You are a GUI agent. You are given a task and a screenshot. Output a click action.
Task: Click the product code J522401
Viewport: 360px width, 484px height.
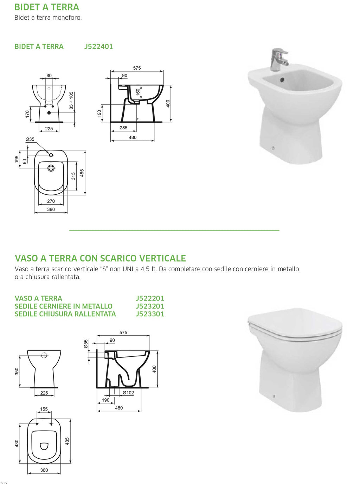click(x=98, y=46)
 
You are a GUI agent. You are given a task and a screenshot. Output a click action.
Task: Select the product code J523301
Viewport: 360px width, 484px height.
click(x=150, y=314)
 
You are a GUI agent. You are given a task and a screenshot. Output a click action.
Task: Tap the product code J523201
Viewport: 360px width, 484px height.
click(x=150, y=306)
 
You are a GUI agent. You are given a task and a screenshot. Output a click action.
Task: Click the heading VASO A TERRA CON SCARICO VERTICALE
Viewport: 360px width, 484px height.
click(x=100, y=258)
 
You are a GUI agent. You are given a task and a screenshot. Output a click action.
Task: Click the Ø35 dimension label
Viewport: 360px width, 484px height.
click(x=30, y=139)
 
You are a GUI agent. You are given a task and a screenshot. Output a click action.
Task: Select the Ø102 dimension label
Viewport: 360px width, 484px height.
click(x=128, y=393)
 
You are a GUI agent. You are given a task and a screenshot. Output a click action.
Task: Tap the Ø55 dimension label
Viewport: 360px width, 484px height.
click(x=86, y=344)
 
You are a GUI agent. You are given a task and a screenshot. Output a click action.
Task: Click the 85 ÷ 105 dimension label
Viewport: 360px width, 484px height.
click(x=71, y=100)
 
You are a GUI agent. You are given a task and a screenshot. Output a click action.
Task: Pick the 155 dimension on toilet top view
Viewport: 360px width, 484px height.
click(x=44, y=409)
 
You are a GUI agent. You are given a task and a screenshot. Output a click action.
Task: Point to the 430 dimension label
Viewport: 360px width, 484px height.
click(x=17, y=443)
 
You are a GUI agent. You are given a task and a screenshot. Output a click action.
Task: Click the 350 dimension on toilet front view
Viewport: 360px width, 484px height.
click(x=17, y=372)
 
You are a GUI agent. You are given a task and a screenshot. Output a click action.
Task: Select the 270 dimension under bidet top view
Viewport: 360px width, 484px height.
click(x=51, y=201)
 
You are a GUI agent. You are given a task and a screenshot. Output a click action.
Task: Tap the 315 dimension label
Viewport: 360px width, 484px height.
click(x=73, y=176)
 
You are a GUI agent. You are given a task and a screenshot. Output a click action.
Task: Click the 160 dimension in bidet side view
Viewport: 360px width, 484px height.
click(x=138, y=92)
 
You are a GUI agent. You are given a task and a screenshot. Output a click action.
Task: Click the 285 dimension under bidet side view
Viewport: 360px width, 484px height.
click(x=123, y=128)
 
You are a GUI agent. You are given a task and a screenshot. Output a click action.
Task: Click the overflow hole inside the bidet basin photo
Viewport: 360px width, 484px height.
click(x=282, y=80)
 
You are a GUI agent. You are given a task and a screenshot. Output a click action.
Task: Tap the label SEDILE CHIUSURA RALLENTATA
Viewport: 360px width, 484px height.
click(x=65, y=314)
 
